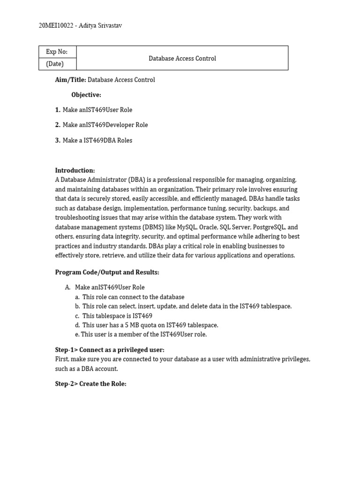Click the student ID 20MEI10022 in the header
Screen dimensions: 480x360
point(56,26)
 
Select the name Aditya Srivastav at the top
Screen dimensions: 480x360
point(100,26)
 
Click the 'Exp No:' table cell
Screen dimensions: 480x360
point(57,52)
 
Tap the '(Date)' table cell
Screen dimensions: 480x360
point(55,64)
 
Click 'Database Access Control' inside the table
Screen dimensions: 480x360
point(182,59)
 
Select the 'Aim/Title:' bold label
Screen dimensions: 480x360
point(70,80)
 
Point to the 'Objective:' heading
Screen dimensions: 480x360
point(86,95)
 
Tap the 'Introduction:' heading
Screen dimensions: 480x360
point(75,171)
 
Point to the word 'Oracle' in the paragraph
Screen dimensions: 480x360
point(210,227)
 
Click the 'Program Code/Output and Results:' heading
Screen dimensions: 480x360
point(107,272)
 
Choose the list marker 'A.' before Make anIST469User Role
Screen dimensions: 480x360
point(68,287)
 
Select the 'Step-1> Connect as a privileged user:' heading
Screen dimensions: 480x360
point(110,350)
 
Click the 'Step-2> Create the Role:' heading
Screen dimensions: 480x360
point(90,384)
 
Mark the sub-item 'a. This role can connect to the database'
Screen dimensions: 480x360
point(129,297)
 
